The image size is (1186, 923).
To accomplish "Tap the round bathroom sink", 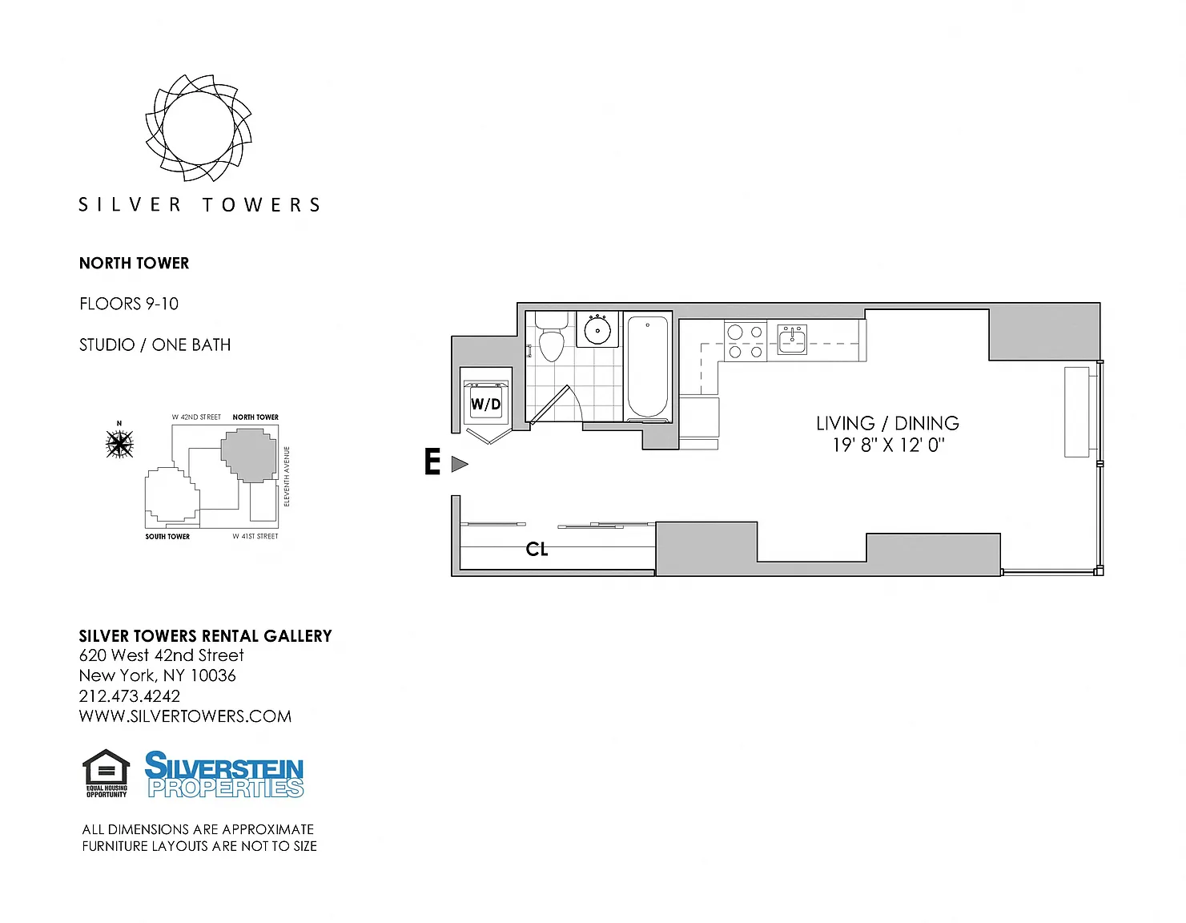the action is (597, 329).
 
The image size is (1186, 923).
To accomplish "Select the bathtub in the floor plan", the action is (647, 368).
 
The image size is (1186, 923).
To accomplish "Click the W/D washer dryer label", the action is (485, 404).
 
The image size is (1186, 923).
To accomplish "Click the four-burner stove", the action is (746, 341).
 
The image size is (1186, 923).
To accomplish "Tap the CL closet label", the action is (537, 549).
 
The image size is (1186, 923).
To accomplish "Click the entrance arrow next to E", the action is (460, 464).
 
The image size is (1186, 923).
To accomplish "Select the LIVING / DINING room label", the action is (887, 423).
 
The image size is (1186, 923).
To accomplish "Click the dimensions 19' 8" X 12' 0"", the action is (888, 445).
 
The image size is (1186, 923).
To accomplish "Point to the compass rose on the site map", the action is (119, 443).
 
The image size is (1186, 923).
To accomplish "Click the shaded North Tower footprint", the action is (249, 455).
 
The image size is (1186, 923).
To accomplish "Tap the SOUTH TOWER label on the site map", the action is (167, 537).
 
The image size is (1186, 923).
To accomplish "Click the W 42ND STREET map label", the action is (196, 417).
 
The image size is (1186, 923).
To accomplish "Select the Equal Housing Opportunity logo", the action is (107, 773).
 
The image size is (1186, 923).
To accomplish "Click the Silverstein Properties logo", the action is (224, 774).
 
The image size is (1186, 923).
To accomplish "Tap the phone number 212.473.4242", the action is (130, 696).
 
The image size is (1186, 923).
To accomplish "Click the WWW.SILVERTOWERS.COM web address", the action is (185, 716).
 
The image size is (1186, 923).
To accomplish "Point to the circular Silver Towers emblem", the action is (199, 128).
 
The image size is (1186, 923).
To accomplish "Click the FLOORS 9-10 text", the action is (129, 304).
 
